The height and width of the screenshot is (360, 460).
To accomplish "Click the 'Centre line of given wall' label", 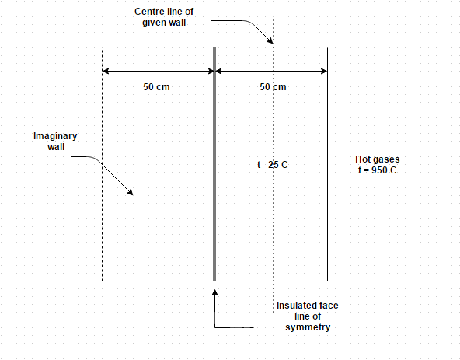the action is pos(164,17).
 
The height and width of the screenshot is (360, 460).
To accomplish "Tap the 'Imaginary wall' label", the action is pos(55,142).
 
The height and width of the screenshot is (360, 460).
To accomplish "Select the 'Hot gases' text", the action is pos(378,159).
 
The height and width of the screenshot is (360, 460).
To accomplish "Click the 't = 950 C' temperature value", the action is pos(378,170).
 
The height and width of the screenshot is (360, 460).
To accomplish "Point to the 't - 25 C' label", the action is pos(272,165).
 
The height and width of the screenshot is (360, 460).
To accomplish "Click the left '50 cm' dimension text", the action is pos(156,87).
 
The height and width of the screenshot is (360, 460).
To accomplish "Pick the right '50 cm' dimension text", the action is pos(273,87).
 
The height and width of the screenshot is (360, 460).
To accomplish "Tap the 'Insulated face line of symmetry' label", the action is pos(308,316).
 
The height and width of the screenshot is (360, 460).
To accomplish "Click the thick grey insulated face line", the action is pos(214,164).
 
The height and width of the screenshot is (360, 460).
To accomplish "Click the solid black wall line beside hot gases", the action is pos(327,164).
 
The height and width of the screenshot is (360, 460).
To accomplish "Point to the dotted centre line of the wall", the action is pos(274,166).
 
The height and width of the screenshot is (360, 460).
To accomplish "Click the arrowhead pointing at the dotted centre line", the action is pos(270,41).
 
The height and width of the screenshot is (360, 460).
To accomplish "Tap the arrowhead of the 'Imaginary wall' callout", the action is pos(131,193).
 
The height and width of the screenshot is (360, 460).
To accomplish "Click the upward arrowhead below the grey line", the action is pos(214,292).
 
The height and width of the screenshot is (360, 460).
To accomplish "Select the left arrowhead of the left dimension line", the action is pos(106,71).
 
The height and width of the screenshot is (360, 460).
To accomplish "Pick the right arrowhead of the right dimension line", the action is pos(324,71).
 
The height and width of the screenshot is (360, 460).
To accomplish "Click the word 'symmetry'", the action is pos(308,327).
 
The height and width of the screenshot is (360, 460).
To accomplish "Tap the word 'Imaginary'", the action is pos(55,136).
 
